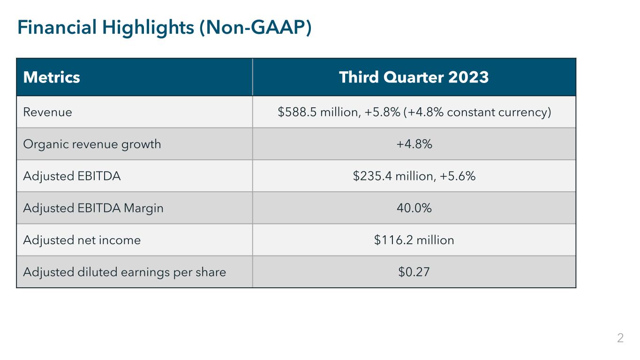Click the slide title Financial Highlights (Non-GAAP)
point(164,28)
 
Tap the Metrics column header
point(52,77)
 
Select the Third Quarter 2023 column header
point(414,77)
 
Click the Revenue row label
point(48,112)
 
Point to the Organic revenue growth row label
point(92,144)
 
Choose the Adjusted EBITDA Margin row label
point(93,208)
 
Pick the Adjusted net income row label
point(82,240)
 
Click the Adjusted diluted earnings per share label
point(125,272)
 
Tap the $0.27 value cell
point(414,272)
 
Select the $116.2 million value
point(414,240)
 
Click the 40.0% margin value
point(414,208)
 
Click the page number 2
point(620,338)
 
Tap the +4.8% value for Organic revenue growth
point(414,144)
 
